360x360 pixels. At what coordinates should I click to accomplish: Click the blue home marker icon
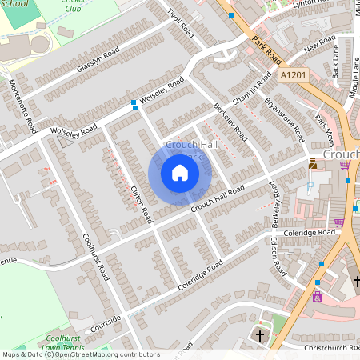coord(180,173)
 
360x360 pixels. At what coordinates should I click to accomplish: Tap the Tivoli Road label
coord(182,24)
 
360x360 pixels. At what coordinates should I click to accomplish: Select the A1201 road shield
coord(293,74)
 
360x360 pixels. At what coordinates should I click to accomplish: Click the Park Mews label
coord(323,126)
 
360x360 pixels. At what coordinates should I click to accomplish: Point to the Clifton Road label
coord(141,204)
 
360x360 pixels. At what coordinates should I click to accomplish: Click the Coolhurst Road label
coord(95,256)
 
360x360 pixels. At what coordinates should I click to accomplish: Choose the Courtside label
coord(106,322)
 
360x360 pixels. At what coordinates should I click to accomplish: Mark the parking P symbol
coord(310,186)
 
